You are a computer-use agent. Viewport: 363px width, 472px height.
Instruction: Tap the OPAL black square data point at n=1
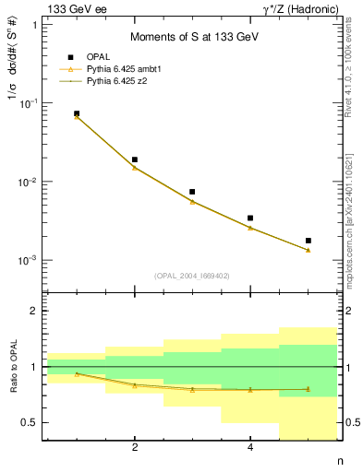(77, 113)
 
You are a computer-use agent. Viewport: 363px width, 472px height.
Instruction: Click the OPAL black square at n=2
(135, 159)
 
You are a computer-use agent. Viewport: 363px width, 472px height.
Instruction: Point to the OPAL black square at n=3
(192, 192)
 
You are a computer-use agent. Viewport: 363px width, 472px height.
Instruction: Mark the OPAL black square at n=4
(250, 218)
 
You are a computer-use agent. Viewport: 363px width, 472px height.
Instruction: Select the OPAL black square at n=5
(309, 241)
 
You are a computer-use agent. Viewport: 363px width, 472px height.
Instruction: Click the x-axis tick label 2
(135, 448)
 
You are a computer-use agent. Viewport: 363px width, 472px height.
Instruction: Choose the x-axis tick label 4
(250, 448)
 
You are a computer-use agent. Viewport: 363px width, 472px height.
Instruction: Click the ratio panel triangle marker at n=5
(309, 389)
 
